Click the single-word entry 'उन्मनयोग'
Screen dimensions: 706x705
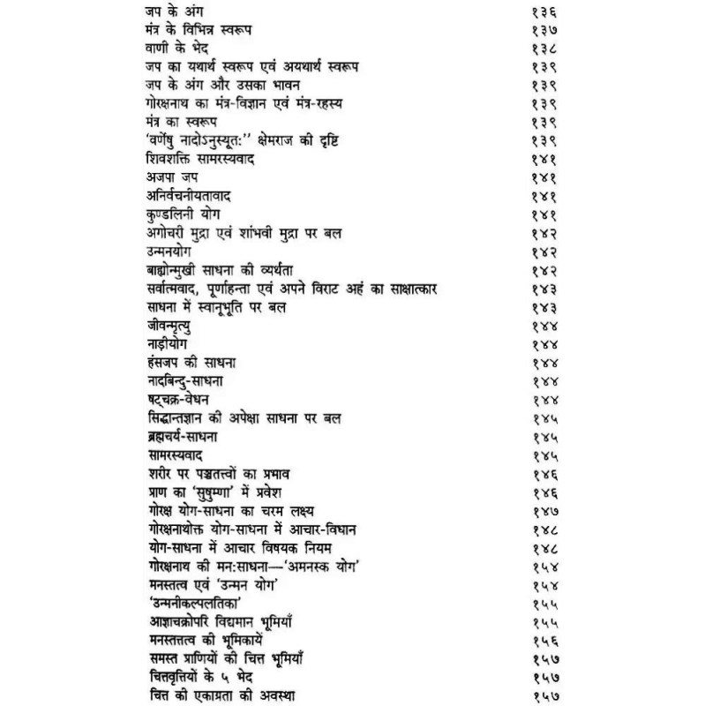[x=172, y=253]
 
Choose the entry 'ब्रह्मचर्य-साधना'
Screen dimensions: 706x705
[x=185, y=438]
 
